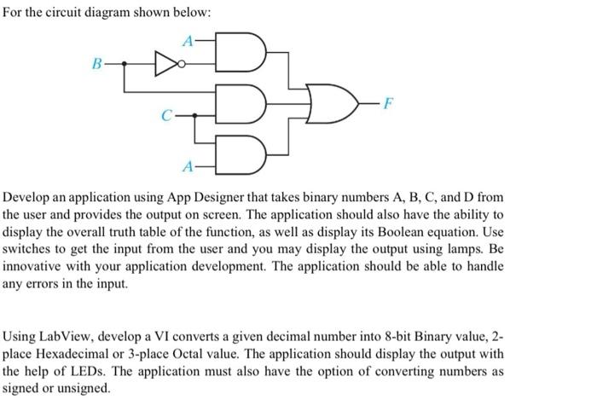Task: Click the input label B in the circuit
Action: point(98,62)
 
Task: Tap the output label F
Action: point(389,104)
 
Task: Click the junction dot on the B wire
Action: point(125,62)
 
